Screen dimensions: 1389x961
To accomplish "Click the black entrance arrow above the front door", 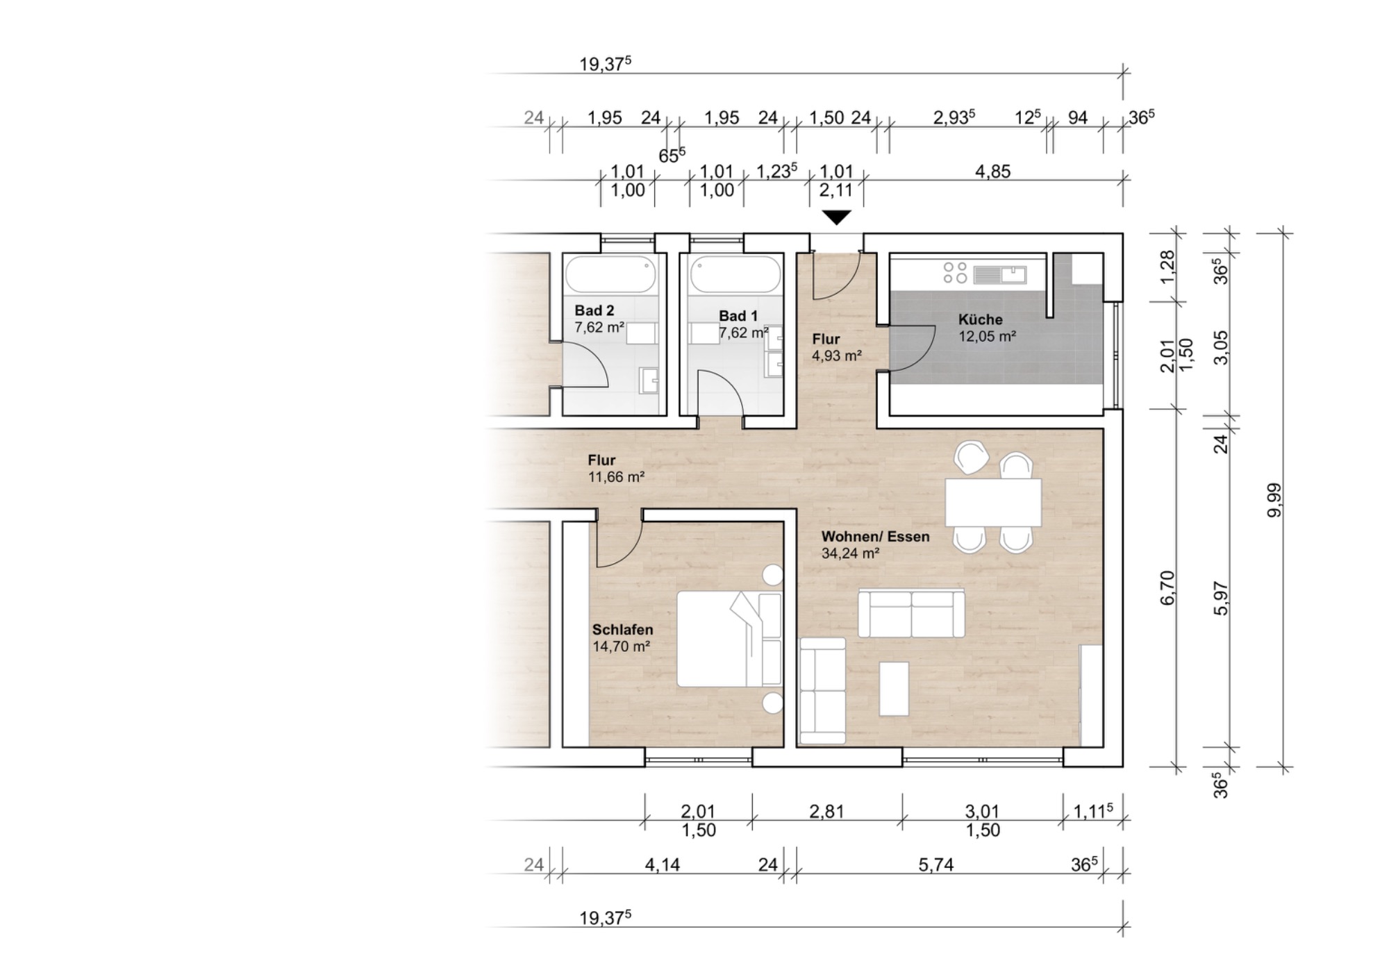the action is pyautogui.click(x=837, y=217).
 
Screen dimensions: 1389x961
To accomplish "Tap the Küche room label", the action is pyautogui.click(x=981, y=319).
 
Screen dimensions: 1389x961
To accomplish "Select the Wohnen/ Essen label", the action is pyautogui.click(x=875, y=536).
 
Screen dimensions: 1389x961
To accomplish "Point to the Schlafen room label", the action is pyautogui.click(x=622, y=630).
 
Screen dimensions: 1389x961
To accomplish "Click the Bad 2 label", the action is pyautogui.click(x=594, y=310).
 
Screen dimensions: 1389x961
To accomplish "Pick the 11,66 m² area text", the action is pyautogui.click(x=616, y=477).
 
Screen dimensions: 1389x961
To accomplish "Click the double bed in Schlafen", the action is pyautogui.click(x=729, y=639).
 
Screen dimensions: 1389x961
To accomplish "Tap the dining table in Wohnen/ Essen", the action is pyautogui.click(x=993, y=502).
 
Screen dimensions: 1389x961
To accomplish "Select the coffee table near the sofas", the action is pyautogui.click(x=894, y=689).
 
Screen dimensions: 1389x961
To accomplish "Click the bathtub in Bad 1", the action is pyautogui.click(x=735, y=274).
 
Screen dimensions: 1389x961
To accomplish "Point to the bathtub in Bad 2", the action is pyautogui.click(x=610, y=274).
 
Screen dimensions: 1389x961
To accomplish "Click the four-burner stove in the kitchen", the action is pyautogui.click(x=955, y=272).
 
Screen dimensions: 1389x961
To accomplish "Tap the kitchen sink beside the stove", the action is pyautogui.click(x=1000, y=275).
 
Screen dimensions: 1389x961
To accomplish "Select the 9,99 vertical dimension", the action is pyautogui.click(x=1274, y=500).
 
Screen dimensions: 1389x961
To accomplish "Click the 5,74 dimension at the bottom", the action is pyautogui.click(x=935, y=864).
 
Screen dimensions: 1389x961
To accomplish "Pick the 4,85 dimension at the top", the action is pyautogui.click(x=992, y=172).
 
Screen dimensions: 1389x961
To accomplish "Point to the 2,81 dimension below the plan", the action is pyautogui.click(x=826, y=811).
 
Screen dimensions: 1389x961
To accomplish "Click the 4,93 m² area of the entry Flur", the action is pyautogui.click(x=837, y=356).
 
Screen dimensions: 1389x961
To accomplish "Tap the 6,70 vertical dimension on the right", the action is pyautogui.click(x=1167, y=587).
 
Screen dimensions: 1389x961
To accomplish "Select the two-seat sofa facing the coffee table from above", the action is pyautogui.click(x=911, y=613).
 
